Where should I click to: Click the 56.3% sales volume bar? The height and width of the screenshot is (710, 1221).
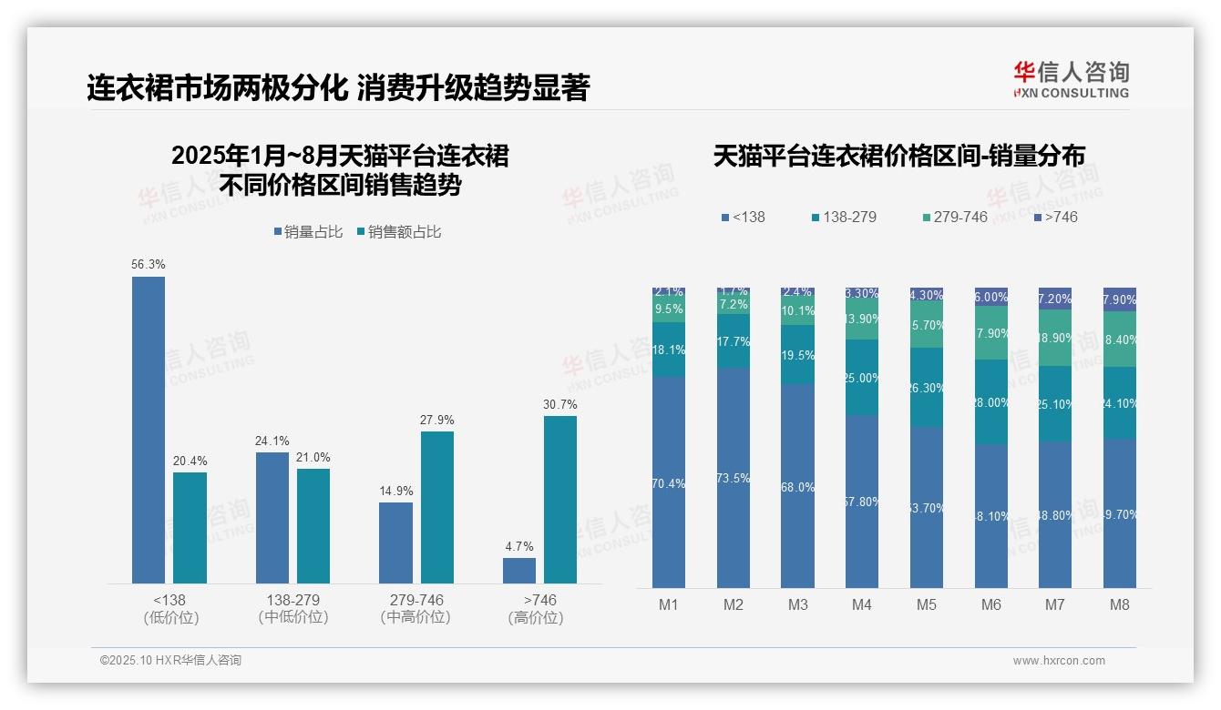point(149,430)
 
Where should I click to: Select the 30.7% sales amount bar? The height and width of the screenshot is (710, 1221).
point(560,499)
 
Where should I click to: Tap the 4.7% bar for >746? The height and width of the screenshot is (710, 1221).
point(519,571)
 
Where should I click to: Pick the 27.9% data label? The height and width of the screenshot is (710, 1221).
point(437,420)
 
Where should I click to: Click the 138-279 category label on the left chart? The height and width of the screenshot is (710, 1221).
point(293,601)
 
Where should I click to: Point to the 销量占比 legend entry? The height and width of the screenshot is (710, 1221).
point(308,232)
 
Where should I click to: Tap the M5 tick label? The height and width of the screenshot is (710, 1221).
point(927,605)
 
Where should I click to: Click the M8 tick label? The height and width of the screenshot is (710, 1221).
point(1120,605)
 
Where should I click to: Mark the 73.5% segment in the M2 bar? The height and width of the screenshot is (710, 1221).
point(734,478)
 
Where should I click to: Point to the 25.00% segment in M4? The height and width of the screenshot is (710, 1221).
point(862,378)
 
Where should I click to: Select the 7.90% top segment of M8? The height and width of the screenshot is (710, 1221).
point(1120,299)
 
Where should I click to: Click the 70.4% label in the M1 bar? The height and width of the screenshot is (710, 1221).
point(669,483)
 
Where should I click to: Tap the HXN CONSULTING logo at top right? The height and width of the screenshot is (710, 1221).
point(1071,80)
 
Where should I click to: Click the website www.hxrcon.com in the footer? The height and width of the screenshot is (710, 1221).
point(1059,661)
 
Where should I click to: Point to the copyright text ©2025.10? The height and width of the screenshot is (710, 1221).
point(170,661)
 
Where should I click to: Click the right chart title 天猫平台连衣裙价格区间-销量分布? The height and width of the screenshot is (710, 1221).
point(898,157)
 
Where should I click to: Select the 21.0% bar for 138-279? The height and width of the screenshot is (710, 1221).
point(313,526)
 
